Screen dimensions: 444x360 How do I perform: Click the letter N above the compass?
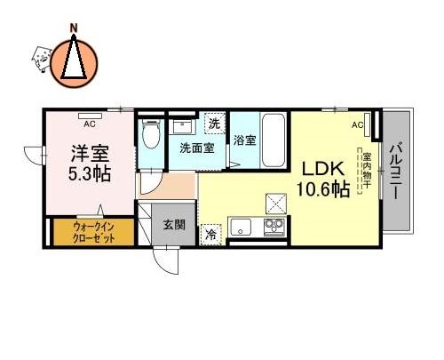[74, 28]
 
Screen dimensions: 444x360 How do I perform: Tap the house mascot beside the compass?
[41, 59]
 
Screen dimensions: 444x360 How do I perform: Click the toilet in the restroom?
[151, 133]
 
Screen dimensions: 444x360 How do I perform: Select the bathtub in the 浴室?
[274, 140]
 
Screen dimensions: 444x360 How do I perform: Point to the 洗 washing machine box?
[215, 124]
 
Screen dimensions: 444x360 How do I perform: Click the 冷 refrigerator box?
[210, 235]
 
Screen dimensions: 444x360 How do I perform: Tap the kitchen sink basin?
[241, 227]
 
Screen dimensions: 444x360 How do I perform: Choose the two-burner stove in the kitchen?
[274, 227]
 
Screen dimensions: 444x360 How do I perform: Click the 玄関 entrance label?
[174, 225]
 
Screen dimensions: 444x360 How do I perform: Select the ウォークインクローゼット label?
[93, 233]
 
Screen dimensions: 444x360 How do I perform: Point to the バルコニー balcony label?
[396, 171]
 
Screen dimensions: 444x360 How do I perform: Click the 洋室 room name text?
[90, 153]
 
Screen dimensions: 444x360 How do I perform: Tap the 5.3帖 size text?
[90, 173]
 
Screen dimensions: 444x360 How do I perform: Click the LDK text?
[323, 169]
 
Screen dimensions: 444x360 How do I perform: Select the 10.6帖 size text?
[323, 189]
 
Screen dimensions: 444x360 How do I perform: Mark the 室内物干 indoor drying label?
[367, 171]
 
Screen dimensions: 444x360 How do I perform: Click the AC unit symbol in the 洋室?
[91, 116]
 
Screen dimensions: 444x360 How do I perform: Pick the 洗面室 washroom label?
[197, 148]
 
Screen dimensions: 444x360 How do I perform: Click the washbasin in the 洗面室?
[183, 127]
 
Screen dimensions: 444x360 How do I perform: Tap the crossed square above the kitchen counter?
[276, 204]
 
